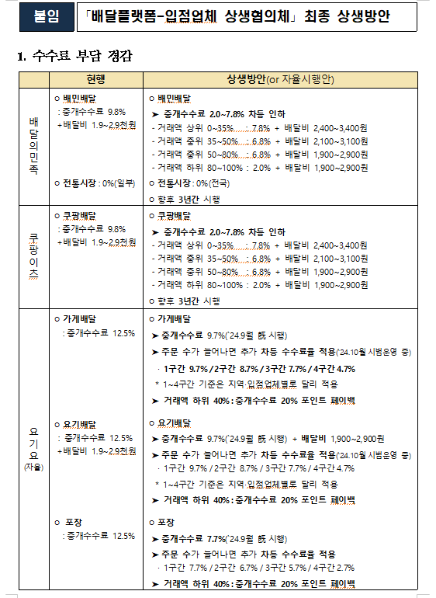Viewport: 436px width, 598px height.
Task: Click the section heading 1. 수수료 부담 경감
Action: (74, 57)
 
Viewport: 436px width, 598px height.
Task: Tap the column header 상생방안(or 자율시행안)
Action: (280, 79)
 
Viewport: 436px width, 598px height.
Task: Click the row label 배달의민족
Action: (33, 146)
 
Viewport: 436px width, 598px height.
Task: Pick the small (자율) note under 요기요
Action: (33, 468)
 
